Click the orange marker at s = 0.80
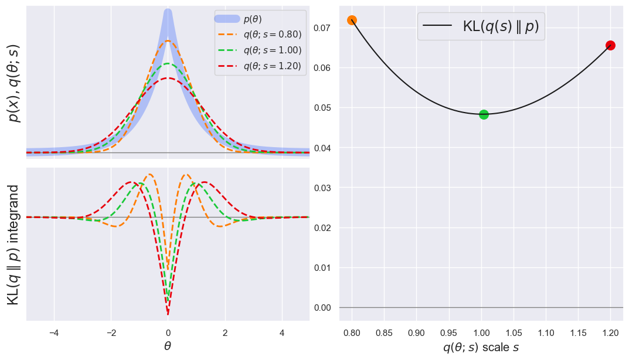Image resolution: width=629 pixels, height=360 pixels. [352, 21]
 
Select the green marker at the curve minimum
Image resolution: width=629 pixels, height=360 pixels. [484, 114]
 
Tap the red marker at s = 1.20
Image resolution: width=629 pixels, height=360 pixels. [610, 45]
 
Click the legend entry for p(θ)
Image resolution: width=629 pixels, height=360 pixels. [253, 19]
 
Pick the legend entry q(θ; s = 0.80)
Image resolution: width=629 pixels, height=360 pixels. [272, 35]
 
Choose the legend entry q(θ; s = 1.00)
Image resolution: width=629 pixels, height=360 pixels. [272, 50]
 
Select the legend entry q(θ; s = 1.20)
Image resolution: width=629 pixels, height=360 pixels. [272, 66]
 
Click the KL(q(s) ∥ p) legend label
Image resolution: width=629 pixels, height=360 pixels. [501, 26]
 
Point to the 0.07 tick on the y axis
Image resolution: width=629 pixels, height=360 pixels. [323, 28]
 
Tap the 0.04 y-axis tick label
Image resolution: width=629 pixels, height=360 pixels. [323, 148]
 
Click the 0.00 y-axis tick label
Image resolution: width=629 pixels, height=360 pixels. [323, 308]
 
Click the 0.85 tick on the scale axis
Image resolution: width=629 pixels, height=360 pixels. [384, 332]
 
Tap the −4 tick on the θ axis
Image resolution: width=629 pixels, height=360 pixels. [54, 332]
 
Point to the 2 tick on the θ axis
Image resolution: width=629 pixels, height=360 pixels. [225, 332]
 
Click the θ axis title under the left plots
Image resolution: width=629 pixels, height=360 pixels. [168, 347]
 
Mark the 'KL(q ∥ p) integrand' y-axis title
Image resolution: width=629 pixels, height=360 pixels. [13, 244]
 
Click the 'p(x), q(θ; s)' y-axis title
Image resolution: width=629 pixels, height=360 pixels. [13, 83]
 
